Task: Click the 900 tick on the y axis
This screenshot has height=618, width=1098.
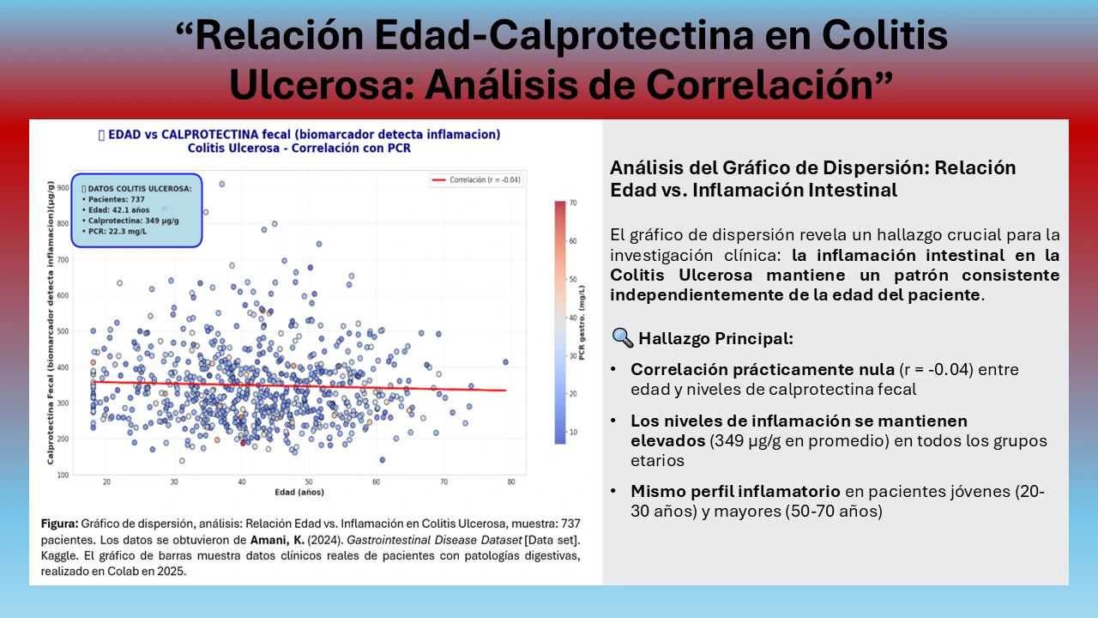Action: (63, 187)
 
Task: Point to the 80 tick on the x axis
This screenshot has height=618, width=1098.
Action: (510, 482)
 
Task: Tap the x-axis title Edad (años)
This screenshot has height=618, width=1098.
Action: (299, 492)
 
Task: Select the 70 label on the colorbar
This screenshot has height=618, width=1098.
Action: (572, 203)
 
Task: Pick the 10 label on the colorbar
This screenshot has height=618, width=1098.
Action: (572, 432)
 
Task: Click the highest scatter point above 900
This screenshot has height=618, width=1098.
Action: (221, 184)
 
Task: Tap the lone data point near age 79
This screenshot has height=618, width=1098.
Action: (505, 362)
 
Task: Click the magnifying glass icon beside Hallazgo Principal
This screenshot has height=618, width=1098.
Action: (623, 338)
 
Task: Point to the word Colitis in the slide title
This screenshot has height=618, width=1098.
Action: (884, 35)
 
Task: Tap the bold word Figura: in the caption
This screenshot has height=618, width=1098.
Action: (59, 524)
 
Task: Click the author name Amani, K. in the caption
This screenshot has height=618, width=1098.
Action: (277, 540)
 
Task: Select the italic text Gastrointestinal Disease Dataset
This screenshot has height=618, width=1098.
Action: (434, 540)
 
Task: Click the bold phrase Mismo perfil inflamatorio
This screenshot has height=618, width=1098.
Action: (735, 491)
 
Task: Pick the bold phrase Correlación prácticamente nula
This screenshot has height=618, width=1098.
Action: (763, 369)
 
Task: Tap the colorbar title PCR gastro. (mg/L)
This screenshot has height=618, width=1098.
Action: (582, 323)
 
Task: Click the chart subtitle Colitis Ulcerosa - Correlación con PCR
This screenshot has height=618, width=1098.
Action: (299, 148)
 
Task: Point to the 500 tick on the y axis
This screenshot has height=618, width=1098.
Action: (63, 331)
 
